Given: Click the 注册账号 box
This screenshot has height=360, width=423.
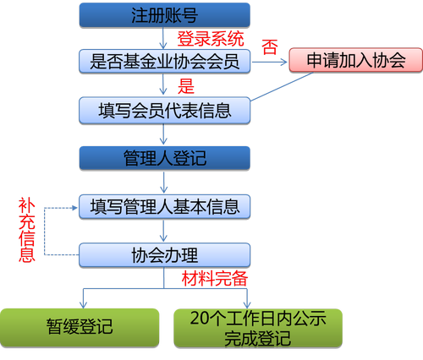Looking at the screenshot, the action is pyautogui.click(x=165, y=15).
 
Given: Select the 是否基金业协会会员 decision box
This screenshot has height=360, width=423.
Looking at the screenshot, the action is pyautogui.click(x=165, y=62).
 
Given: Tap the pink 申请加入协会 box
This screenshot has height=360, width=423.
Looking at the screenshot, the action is pyautogui.click(x=356, y=60).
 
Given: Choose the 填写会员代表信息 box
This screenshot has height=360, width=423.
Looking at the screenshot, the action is pyautogui.click(x=165, y=111).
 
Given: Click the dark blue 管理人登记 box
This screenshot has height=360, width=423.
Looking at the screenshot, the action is pyautogui.click(x=165, y=158).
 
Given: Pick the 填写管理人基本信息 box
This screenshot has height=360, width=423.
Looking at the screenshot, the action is pyautogui.click(x=165, y=207).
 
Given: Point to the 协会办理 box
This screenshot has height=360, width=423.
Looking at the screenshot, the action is pyautogui.click(x=165, y=255).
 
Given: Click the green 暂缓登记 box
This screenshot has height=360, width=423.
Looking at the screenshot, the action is pyautogui.click(x=80, y=328).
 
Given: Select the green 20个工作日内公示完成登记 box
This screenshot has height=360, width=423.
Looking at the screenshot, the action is pyautogui.click(x=258, y=328).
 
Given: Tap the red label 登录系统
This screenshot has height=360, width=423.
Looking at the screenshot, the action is pyautogui.click(x=211, y=39).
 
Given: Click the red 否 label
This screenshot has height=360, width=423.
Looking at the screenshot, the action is pyautogui.click(x=270, y=46).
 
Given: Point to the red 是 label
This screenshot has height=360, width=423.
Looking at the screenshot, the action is pyautogui.click(x=186, y=86).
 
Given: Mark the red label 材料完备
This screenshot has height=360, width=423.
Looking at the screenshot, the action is pyautogui.click(x=215, y=279).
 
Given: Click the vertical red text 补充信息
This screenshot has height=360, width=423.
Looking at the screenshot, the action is pyautogui.click(x=27, y=230).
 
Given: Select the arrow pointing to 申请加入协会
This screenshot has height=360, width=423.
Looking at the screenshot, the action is pyautogui.click(x=269, y=63).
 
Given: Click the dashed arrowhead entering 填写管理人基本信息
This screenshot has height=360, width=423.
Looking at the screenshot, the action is pyautogui.click(x=74, y=208).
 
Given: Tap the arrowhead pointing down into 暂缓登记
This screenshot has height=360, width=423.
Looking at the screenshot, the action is pyautogui.click(x=83, y=305).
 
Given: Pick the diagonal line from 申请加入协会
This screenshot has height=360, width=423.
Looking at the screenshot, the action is pyautogui.click(x=282, y=86).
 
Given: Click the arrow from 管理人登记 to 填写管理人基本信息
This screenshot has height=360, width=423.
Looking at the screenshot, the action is pyautogui.click(x=164, y=183).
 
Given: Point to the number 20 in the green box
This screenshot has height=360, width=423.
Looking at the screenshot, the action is pyautogui.click(x=200, y=319).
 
